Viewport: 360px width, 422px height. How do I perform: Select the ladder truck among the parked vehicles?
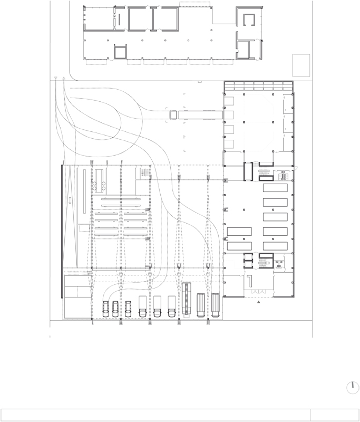pos(186,300)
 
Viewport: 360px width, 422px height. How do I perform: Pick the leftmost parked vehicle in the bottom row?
pos(106,308)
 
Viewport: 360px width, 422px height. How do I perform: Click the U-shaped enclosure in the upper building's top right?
pos(249,19)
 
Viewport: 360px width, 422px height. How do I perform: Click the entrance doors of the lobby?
pos(258,291)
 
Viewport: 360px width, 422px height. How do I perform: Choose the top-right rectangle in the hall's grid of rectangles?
pos(274,188)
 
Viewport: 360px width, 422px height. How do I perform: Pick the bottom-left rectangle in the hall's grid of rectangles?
pos(238,246)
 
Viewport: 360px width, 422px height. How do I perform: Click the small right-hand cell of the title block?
pos(335,415)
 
